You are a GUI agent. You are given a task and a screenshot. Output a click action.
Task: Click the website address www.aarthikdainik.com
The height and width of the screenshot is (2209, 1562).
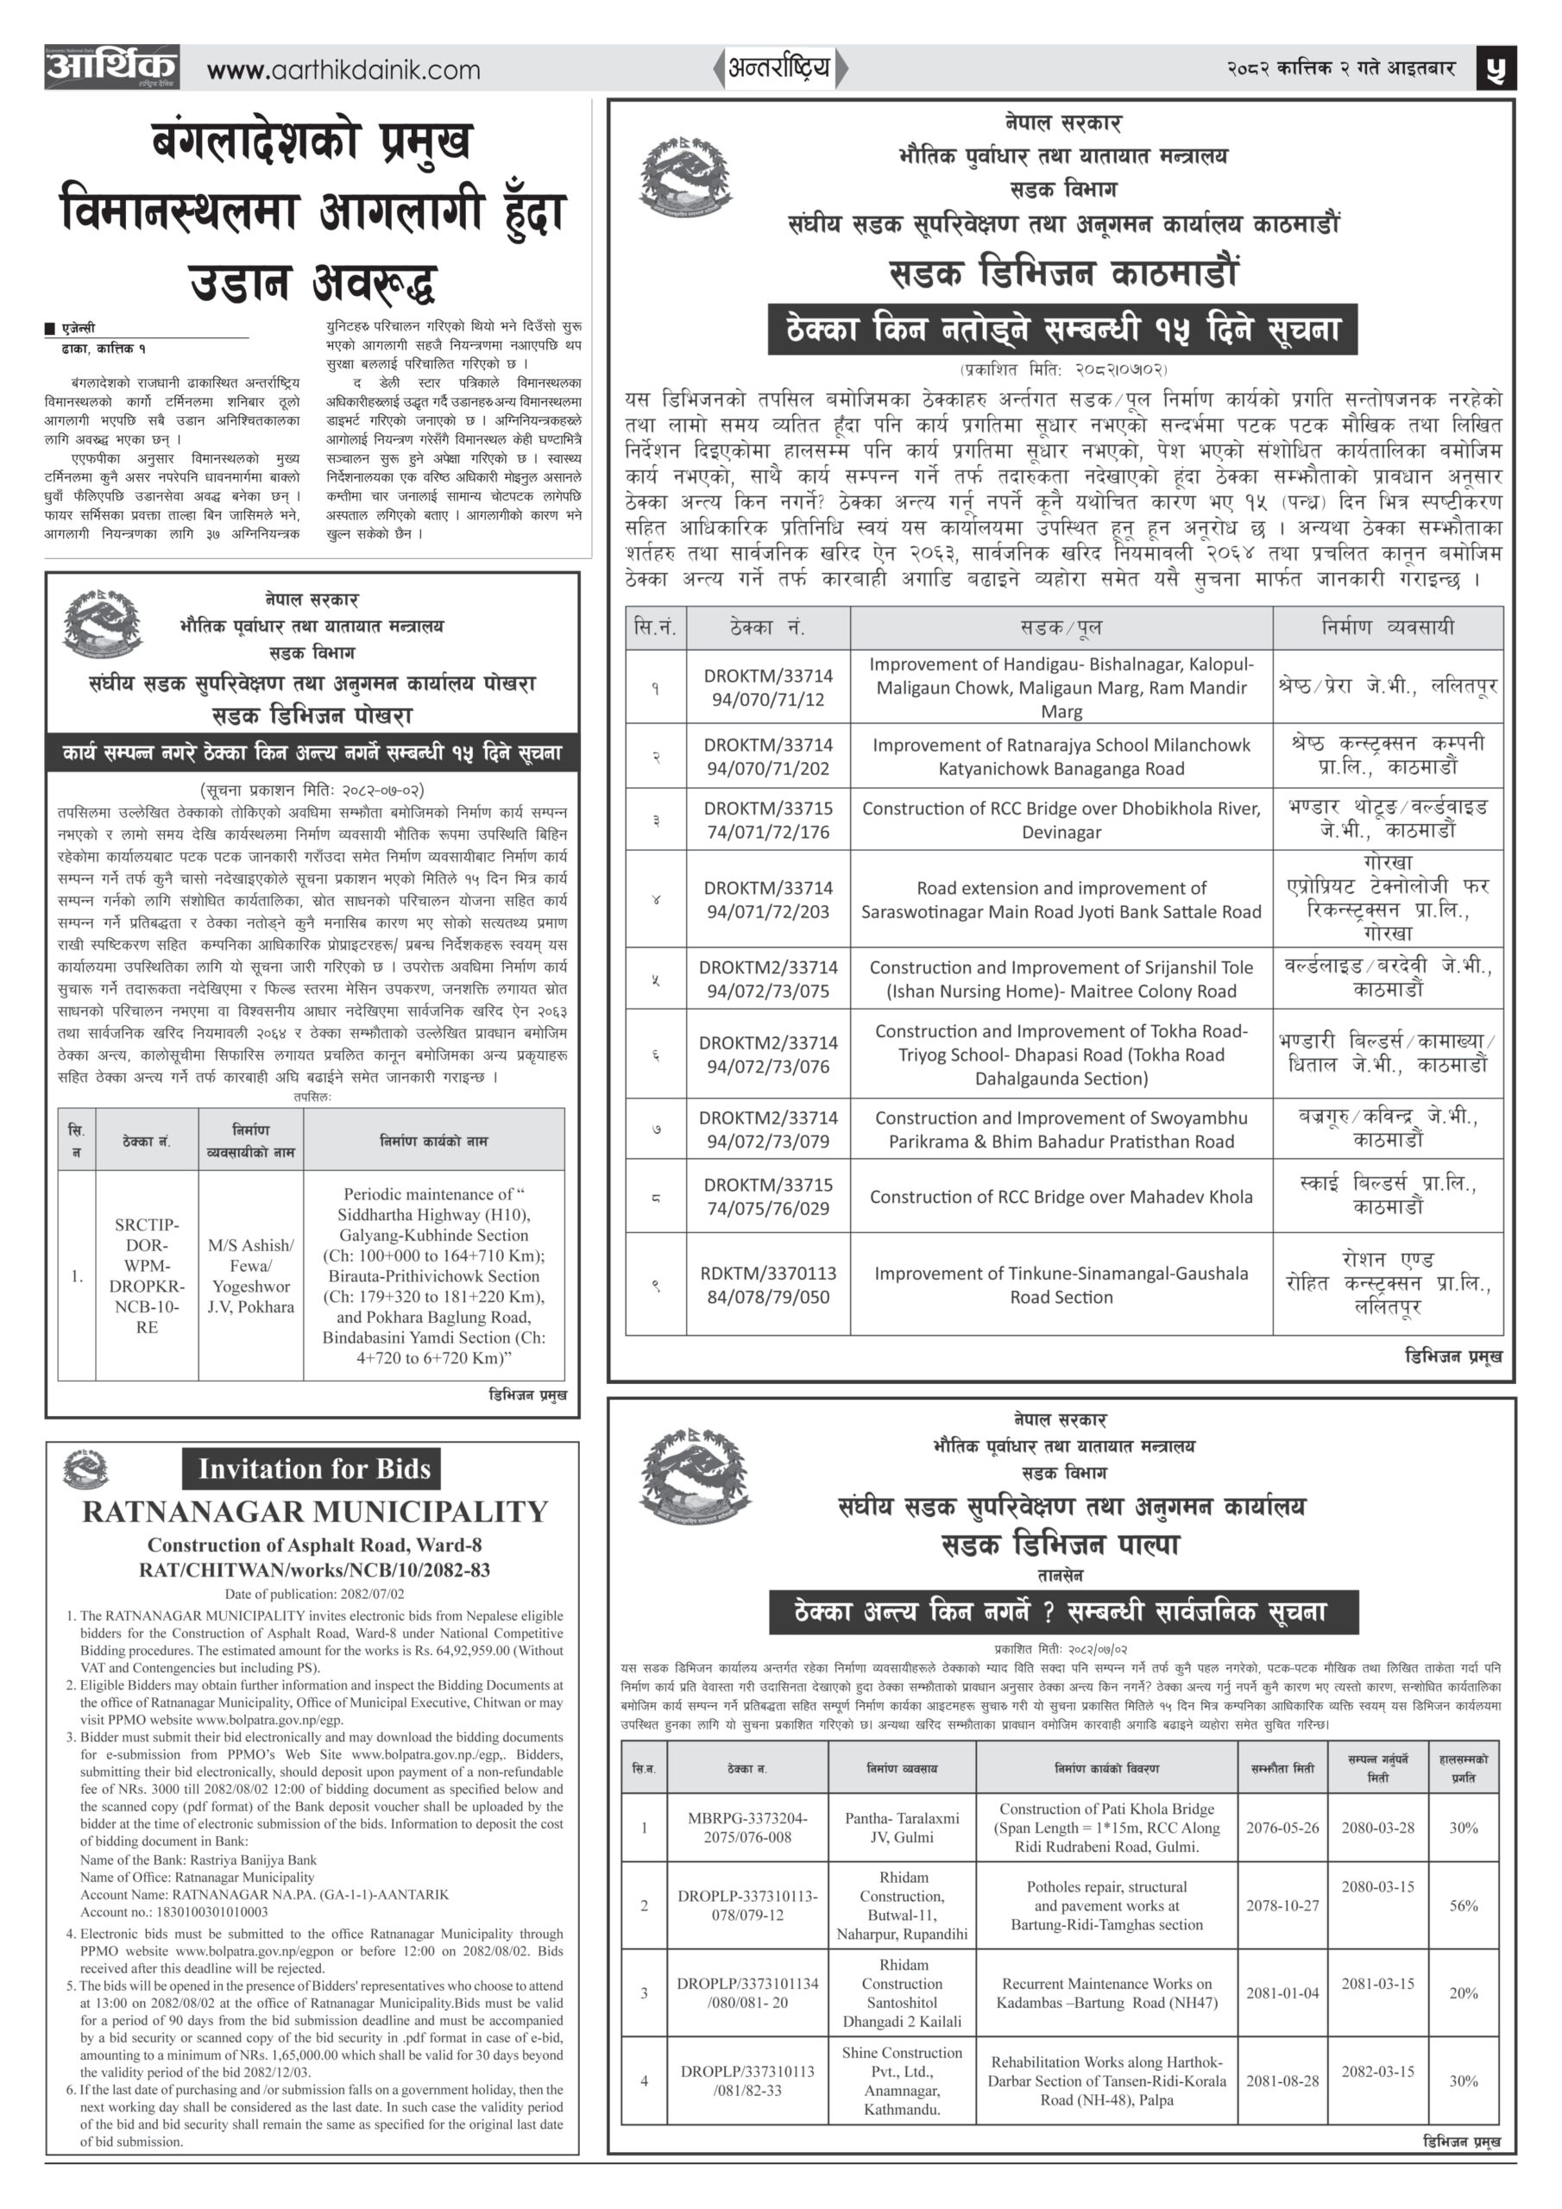(343, 70)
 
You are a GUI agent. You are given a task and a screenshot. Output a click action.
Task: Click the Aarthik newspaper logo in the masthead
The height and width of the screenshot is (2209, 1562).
(111, 67)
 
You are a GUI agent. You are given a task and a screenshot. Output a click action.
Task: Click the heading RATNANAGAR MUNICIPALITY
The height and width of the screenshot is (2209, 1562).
(315, 1513)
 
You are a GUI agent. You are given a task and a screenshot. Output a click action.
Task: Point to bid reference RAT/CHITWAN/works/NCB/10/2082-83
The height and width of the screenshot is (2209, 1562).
(315, 1570)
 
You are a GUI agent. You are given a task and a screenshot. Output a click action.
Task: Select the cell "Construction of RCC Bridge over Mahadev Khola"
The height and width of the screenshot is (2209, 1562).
(1061, 1197)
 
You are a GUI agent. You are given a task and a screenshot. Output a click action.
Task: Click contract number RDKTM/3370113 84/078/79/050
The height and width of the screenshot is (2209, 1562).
(767, 1285)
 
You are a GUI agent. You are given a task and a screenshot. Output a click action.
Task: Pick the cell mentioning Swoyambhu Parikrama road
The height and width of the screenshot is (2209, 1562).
(1061, 1130)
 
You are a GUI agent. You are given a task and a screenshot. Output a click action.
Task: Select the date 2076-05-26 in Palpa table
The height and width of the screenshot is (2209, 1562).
(1282, 1827)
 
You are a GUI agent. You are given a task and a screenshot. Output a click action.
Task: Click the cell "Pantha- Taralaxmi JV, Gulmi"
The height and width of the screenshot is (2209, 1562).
(902, 1827)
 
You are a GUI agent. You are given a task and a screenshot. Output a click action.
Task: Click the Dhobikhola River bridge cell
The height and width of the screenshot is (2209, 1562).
(1061, 820)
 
